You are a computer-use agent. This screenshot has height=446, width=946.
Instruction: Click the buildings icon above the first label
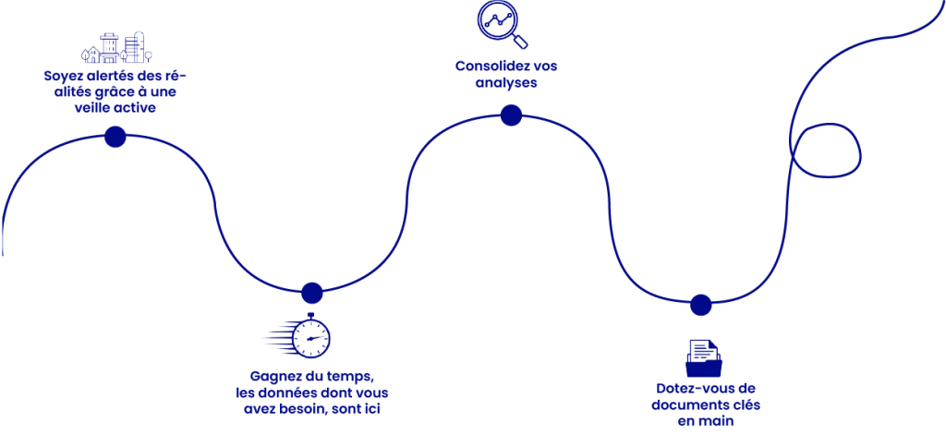116,49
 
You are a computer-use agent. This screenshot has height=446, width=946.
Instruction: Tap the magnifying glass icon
502,24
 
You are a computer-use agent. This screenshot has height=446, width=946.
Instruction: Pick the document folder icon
704,357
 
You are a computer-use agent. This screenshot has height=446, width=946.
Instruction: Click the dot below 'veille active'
115,138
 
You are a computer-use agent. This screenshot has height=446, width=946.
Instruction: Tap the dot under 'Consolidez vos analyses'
511,115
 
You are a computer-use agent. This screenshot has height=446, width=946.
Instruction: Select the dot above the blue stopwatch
311,293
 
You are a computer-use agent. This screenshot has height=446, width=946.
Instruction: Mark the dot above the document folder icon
701,305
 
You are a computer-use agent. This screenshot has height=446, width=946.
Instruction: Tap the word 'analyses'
506,83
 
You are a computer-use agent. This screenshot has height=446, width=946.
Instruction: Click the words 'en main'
706,420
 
